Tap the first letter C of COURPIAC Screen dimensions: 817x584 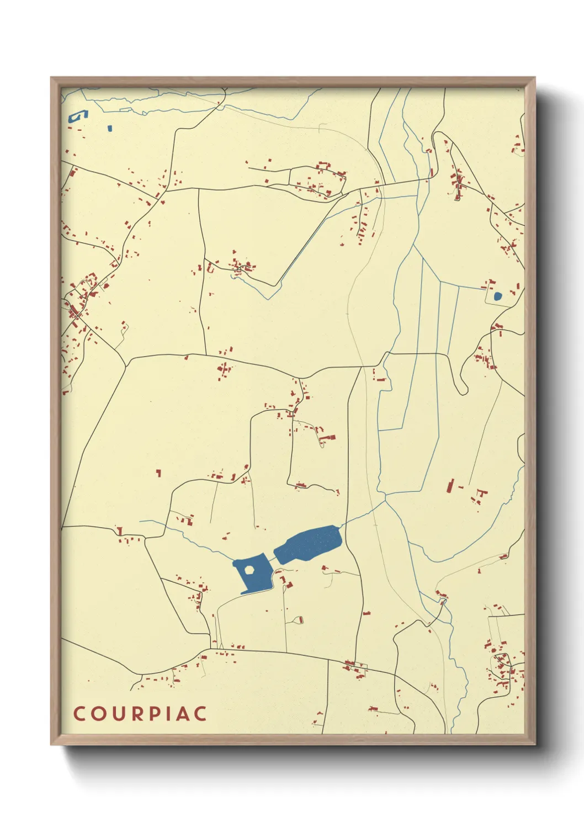(79, 713)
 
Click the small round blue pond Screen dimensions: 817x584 (498, 296)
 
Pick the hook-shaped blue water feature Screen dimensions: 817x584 (78, 116)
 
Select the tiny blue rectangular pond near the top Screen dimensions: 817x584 (110, 128)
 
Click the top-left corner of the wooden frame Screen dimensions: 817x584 (51, 78)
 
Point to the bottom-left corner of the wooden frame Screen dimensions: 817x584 (51, 744)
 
